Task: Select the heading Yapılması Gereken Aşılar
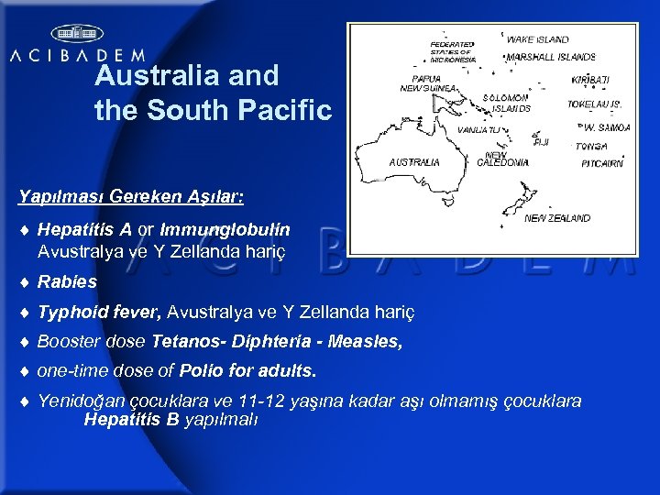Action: click(x=129, y=196)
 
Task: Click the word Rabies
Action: click(x=67, y=282)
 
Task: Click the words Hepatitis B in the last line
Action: click(x=131, y=420)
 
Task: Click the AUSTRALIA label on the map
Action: click(x=414, y=161)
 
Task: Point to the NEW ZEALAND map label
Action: click(x=557, y=218)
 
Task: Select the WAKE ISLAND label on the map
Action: click(x=537, y=39)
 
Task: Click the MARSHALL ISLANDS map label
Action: click(x=551, y=57)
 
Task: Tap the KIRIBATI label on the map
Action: click(x=590, y=81)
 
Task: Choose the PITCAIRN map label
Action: click(x=602, y=163)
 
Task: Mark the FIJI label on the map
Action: click(x=541, y=142)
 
